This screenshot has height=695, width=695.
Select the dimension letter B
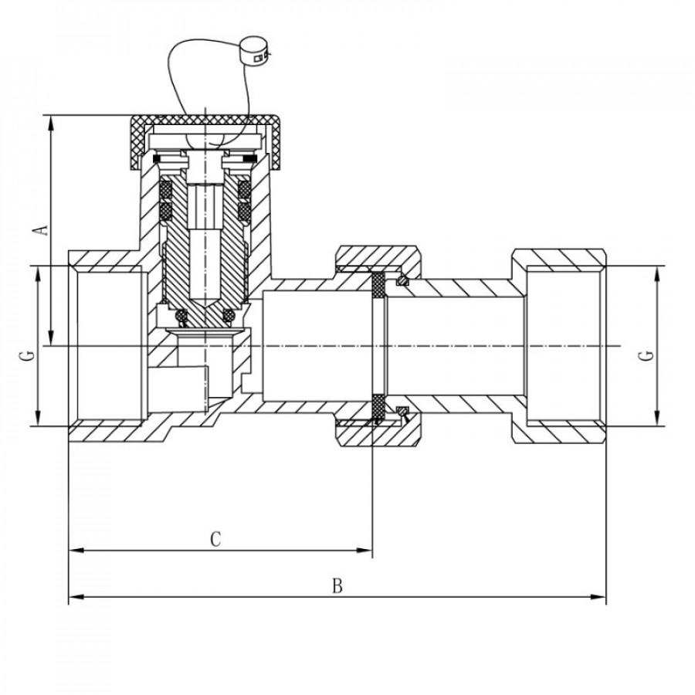(337, 585)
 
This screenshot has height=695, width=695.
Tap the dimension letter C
(217, 539)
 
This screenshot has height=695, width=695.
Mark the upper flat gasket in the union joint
(378, 285)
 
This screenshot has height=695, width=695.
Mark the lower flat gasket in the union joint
(378, 407)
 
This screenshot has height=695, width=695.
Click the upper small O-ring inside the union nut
(402, 280)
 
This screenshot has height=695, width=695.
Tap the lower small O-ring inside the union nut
(402, 411)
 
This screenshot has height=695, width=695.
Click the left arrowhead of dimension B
(74, 597)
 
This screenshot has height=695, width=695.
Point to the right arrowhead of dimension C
(367, 551)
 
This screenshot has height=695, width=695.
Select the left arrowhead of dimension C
(74, 551)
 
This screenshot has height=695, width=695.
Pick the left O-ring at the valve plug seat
(182, 315)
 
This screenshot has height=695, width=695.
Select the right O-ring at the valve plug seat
(229, 315)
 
